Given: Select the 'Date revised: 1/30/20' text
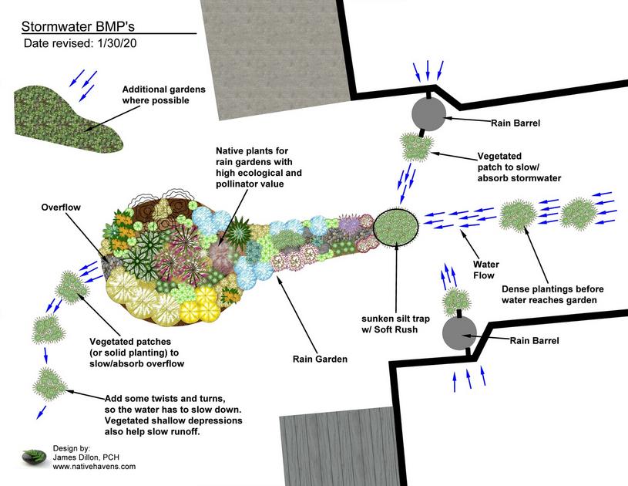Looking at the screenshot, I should click(80, 43).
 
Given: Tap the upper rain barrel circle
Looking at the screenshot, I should click(428, 113).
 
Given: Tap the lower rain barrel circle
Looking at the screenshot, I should click(459, 334).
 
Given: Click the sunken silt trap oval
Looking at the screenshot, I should click(396, 224).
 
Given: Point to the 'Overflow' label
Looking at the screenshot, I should click(62, 208).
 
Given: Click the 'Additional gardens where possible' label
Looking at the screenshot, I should click(164, 95).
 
